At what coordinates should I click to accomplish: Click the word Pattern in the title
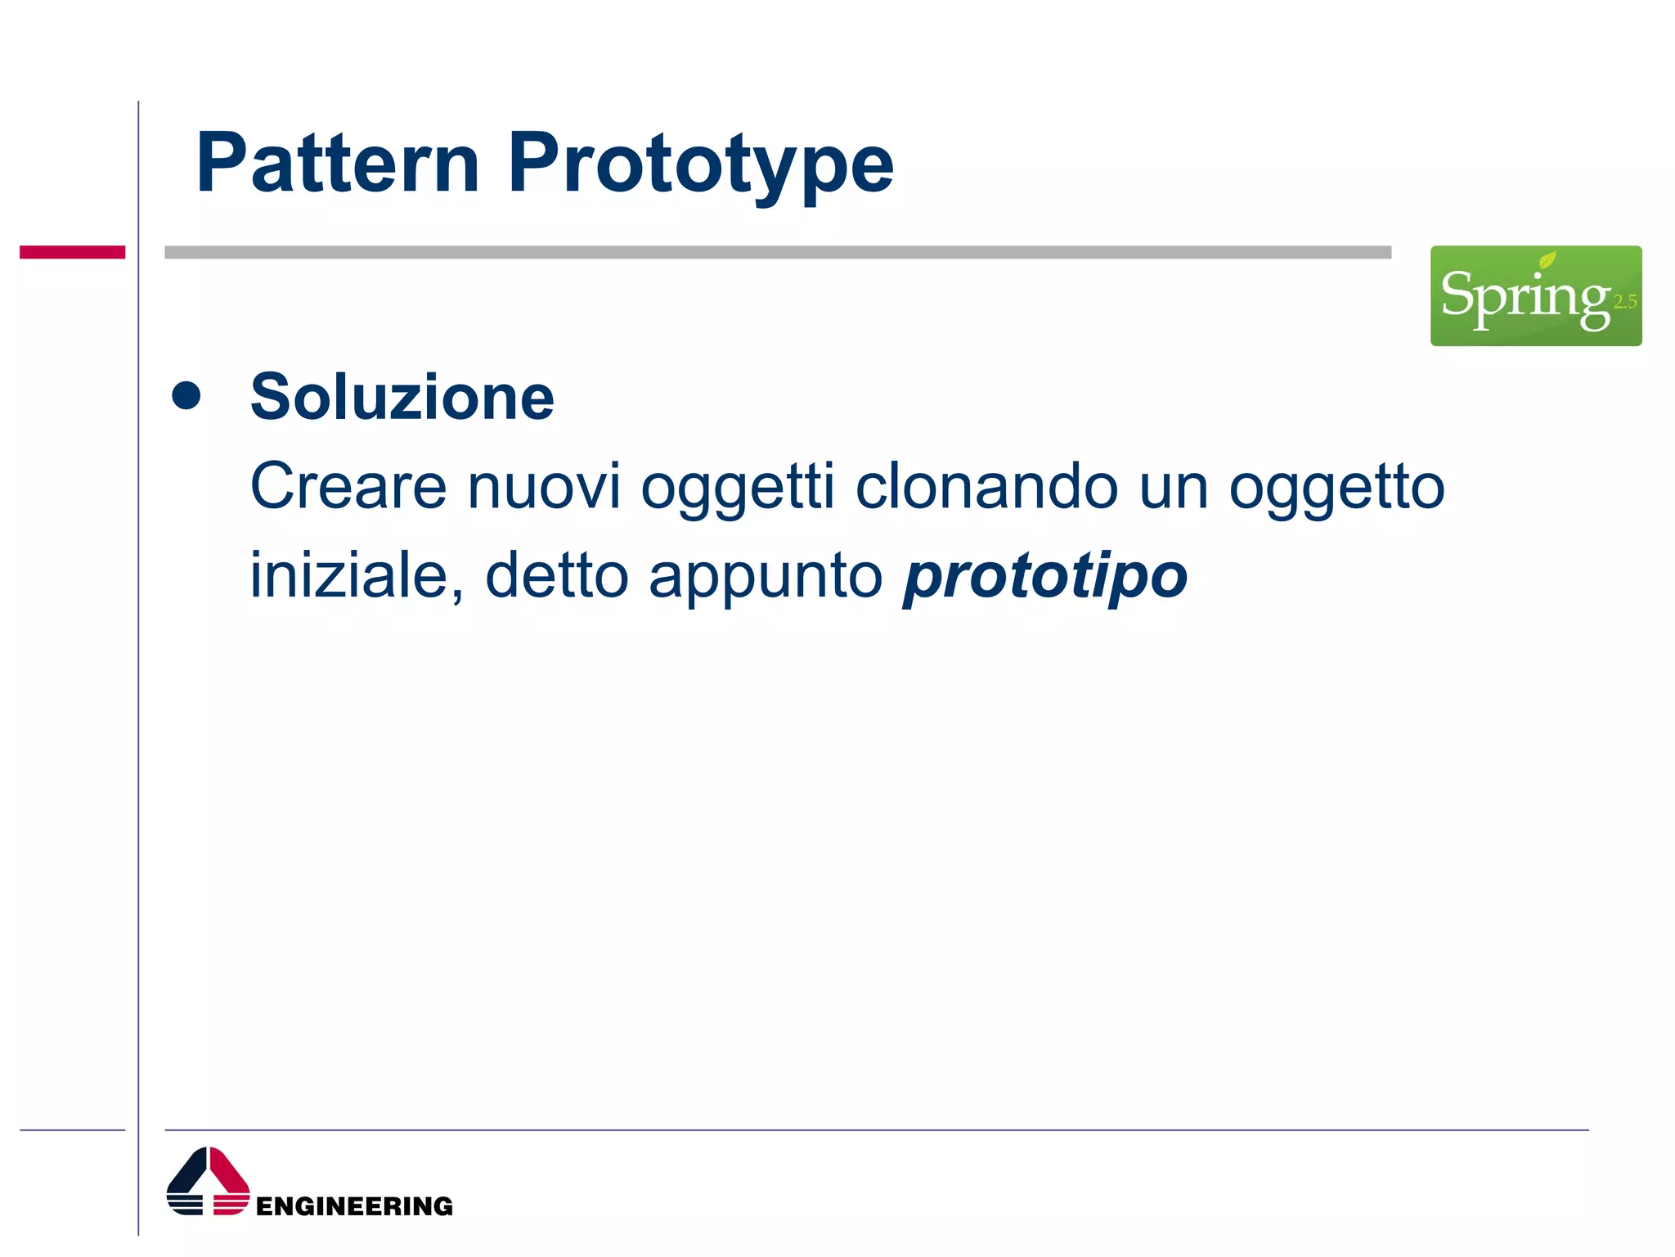point(337,164)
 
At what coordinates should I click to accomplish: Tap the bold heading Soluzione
point(402,397)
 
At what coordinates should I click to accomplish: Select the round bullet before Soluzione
point(186,395)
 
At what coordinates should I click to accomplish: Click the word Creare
point(348,486)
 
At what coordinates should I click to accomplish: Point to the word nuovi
point(544,486)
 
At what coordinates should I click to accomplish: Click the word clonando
point(986,486)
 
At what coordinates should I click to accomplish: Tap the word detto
point(556,575)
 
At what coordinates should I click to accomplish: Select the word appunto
point(766,575)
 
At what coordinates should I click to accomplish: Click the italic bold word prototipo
point(1044,575)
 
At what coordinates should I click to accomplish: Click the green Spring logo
point(1535,295)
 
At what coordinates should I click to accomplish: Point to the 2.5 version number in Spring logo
point(1624,302)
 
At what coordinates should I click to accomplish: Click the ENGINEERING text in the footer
point(353,1205)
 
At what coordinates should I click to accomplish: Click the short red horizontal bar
point(72,252)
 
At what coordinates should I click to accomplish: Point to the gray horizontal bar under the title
point(777,252)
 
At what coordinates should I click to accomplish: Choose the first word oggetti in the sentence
point(738,486)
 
